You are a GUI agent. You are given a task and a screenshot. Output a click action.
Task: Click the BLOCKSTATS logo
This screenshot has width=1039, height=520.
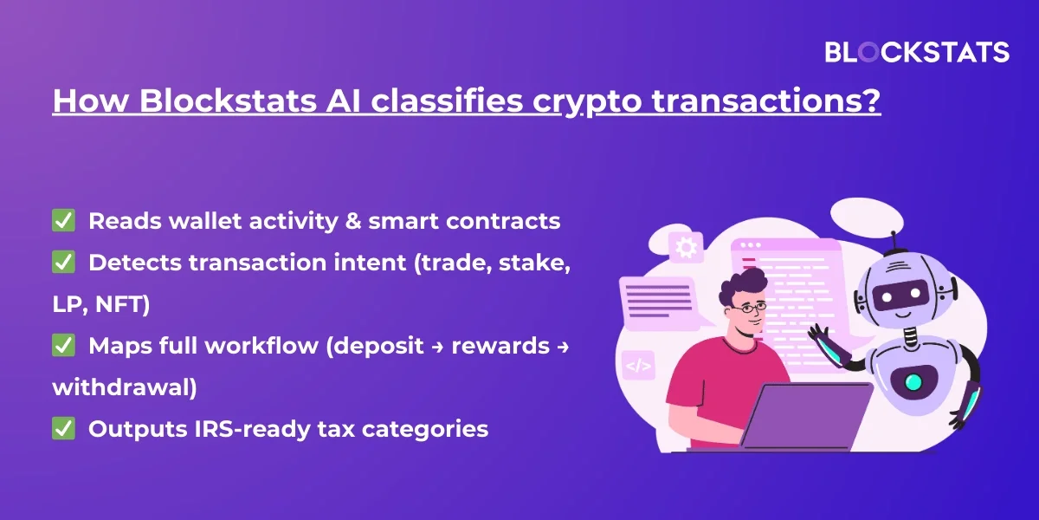click(917, 52)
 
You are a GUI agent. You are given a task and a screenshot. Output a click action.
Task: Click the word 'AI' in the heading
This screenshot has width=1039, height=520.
click(343, 101)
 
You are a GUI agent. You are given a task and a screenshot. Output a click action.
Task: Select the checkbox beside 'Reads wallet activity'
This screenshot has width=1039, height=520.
click(63, 220)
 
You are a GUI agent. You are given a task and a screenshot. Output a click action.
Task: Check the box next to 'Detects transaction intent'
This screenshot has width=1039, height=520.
click(63, 262)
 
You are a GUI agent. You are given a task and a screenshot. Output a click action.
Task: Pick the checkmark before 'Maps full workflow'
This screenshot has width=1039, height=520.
click(63, 346)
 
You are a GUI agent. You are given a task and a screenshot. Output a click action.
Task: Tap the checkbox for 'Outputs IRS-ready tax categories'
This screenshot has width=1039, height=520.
click(63, 428)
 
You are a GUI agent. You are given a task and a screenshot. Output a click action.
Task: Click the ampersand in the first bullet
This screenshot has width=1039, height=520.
click(353, 220)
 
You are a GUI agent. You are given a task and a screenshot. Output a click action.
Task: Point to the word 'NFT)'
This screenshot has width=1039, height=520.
click(123, 304)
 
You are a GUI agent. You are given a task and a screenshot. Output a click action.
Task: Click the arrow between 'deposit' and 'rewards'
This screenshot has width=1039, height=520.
click(438, 347)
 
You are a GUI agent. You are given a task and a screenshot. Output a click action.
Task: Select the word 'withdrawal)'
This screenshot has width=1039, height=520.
click(125, 387)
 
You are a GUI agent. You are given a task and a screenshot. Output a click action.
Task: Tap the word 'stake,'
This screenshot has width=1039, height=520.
click(534, 263)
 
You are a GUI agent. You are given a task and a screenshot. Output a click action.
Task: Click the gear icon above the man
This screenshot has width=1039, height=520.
click(687, 248)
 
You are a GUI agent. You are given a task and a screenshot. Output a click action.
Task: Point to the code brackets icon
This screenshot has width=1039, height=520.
click(638, 366)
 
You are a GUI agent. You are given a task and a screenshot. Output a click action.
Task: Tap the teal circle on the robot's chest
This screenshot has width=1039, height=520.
click(913, 382)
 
